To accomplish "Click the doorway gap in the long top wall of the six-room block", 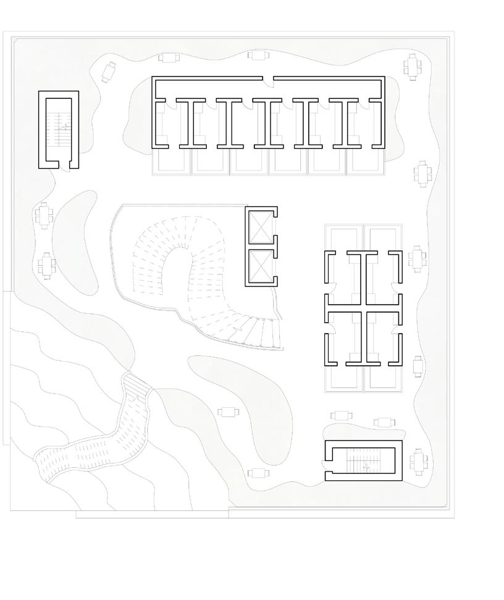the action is click(x=268, y=78).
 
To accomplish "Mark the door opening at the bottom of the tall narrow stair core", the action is click(x=64, y=165).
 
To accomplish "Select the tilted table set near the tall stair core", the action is click(x=109, y=72).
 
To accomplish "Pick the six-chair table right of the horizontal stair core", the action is click(x=419, y=460).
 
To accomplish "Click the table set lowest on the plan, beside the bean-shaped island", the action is click(x=258, y=473).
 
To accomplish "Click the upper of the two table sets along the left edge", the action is click(x=43, y=215).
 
